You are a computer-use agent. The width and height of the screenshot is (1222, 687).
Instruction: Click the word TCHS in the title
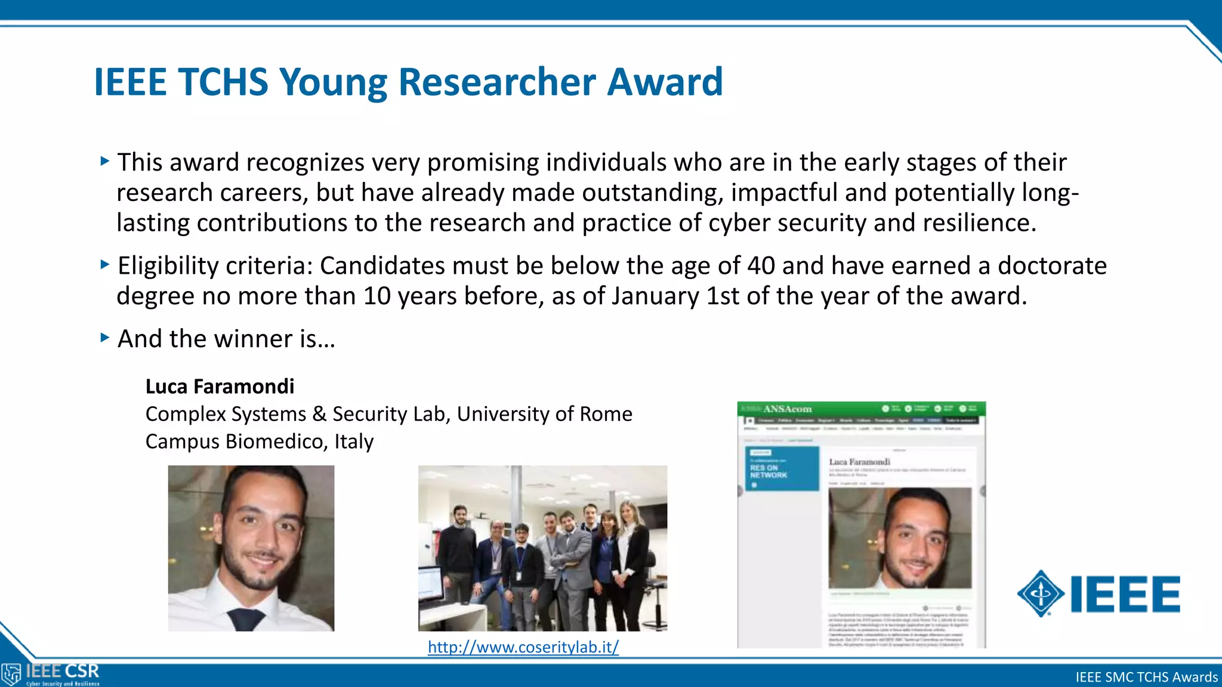[x=223, y=82]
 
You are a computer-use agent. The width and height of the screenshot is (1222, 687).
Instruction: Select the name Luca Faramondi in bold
[x=220, y=386]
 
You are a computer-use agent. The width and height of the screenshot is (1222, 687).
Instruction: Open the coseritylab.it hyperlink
[x=523, y=647]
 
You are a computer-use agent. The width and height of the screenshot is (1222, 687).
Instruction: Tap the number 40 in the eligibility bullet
[x=761, y=266]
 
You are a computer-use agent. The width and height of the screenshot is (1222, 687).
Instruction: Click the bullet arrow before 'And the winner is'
[x=105, y=338]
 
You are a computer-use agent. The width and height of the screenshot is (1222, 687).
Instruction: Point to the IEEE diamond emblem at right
[x=1040, y=593]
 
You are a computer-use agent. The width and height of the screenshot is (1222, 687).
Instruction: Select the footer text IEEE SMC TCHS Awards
[x=1146, y=677]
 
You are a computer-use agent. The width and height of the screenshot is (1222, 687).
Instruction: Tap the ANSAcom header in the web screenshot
[x=787, y=409]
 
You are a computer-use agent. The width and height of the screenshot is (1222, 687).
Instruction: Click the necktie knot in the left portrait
[x=247, y=618]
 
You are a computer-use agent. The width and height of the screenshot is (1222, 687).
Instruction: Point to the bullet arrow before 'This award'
[x=105, y=161]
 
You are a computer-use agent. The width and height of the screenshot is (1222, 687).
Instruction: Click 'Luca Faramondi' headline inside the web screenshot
[x=859, y=462]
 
